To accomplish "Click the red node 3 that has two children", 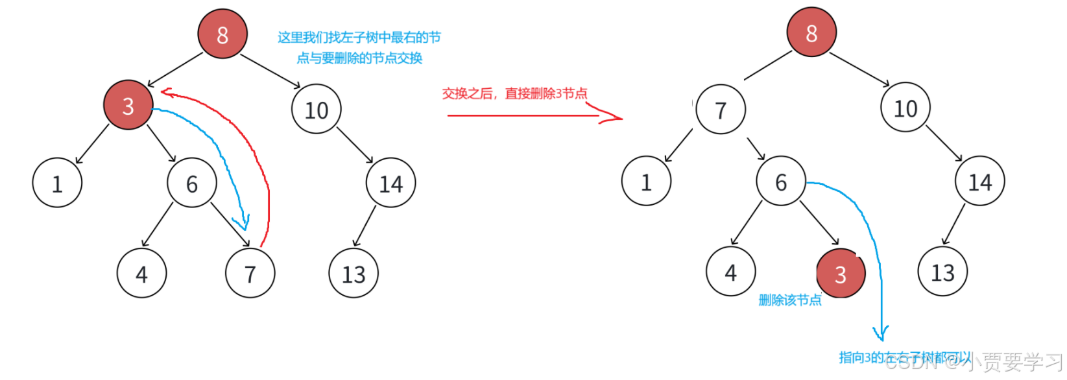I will click(128, 105).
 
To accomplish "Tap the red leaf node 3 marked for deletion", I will click(841, 273).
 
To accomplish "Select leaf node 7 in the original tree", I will click(250, 274).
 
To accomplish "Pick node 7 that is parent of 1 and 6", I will click(721, 110).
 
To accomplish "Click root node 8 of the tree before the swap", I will click(222, 34).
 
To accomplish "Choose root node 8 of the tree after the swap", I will click(811, 32).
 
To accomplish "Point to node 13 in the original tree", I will click(354, 274).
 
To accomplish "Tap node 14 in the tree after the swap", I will click(979, 182).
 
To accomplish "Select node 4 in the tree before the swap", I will click(141, 274).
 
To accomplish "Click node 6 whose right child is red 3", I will click(781, 182).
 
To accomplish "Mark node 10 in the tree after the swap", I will click(905, 108).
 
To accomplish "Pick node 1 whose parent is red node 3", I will click(57, 183).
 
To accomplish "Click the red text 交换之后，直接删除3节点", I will click(514, 93).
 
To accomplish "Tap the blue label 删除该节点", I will click(789, 300).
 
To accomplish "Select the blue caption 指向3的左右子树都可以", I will click(904, 357).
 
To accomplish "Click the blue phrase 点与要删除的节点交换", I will click(359, 58).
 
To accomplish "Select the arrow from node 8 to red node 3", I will click(175, 69).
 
